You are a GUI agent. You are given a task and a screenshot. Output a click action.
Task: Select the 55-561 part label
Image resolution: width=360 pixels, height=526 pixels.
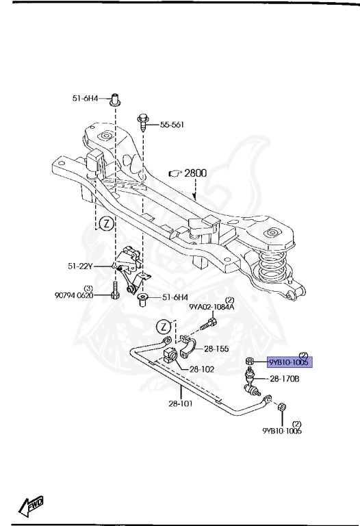pyautogui.click(x=174, y=125)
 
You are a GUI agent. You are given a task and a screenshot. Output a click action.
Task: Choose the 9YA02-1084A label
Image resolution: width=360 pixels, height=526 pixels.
pyautogui.click(x=211, y=308)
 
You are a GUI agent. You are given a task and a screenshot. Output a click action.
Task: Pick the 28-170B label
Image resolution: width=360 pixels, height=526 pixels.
pyautogui.click(x=285, y=378)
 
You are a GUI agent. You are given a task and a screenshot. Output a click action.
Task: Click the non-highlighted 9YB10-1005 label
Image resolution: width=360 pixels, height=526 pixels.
pyautogui.click(x=282, y=432)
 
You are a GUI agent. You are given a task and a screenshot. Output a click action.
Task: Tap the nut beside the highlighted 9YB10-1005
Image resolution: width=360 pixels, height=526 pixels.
pyautogui.click(x=250, y=361)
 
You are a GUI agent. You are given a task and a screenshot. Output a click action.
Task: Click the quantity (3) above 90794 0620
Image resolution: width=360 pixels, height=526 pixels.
pyautogui.click(x=88, y=288)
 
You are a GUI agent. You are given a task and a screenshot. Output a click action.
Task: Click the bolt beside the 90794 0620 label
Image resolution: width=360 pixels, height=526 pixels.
pyautogui.click(x=116, y=290)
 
